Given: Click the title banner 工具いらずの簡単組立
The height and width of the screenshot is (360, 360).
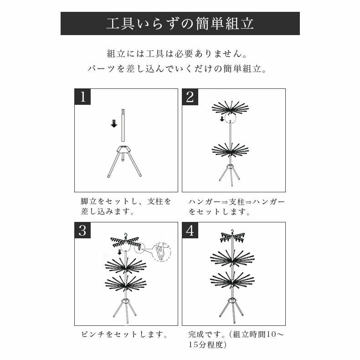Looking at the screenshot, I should tap(180, 24).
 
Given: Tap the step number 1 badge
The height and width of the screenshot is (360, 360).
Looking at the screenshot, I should tap(82, 97).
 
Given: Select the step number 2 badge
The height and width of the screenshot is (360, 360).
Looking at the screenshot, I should tap(190, 97).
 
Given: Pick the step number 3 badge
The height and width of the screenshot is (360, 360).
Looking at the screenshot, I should tap(82, 230).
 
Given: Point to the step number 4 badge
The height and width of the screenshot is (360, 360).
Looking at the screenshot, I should tap(190, 230).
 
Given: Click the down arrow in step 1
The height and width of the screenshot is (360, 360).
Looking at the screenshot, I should tap(114, 123).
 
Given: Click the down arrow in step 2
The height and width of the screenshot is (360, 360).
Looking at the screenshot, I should tap(222, 119).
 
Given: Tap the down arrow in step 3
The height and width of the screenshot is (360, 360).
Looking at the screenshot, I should tap(119, 252).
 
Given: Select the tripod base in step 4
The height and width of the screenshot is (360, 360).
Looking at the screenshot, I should tap(232, 305).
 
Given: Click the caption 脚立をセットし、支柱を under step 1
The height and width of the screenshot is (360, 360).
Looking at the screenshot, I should tap(126, 201).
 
